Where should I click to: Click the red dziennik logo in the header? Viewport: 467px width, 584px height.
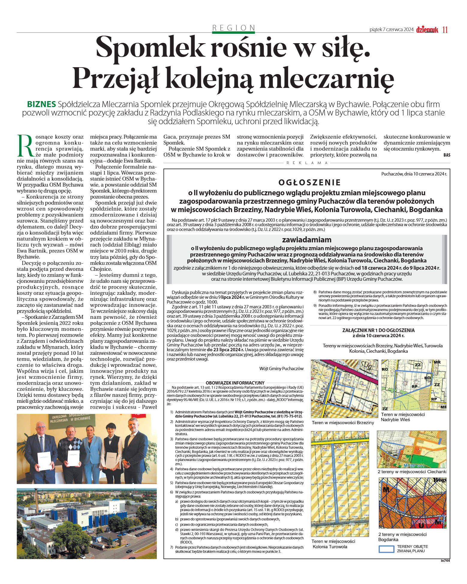427,30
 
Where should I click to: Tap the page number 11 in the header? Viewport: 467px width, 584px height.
445,30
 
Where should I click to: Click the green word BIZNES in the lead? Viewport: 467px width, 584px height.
41,104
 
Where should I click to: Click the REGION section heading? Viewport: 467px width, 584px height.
233,28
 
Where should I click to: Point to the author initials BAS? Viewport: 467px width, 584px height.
447,155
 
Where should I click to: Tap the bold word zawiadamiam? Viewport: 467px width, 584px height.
307,240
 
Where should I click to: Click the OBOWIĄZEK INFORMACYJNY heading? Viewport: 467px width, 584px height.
235,383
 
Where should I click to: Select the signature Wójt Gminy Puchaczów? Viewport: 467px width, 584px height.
281,369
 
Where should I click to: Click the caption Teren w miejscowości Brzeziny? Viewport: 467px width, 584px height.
343,423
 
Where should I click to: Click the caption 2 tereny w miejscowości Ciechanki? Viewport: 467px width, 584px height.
412,472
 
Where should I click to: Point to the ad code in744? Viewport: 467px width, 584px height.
445,561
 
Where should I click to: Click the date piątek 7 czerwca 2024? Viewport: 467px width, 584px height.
391,30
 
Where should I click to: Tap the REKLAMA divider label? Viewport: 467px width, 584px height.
307,163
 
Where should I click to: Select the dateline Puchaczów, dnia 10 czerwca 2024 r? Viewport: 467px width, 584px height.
414,174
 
